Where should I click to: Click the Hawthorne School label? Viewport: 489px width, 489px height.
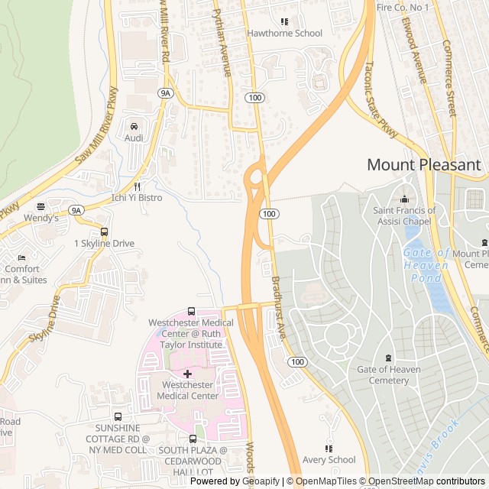[x=284, y=33]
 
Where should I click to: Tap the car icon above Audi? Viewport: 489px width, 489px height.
[x=134, y=126]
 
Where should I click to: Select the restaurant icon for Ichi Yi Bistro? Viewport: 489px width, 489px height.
[x=137, y=186]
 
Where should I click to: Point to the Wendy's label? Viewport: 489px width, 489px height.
[x=40, y=218]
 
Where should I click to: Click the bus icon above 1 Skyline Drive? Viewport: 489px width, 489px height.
[x=104, y=232]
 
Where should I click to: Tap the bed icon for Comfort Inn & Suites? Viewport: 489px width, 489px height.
[x=21, y=257]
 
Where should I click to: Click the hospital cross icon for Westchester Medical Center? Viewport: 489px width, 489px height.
[x=187, y=374]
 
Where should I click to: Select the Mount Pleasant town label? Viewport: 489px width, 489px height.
[x=423, y=164]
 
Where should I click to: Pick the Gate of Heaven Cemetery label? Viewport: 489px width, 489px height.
[x=388, y=374]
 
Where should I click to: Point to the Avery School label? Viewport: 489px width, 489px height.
[x=329, y=459]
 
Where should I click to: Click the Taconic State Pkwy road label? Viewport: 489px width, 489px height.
[x=381, y=100]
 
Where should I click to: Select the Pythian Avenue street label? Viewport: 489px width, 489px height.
[x=222, y=43]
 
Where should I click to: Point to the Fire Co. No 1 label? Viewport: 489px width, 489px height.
[x=403, y=7]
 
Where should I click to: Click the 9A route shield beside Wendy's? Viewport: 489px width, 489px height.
[x=75, y=209]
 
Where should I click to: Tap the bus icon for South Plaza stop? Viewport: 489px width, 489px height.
[x=193, y=439]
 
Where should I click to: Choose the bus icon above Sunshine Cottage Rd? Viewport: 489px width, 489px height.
[x=118, y=416]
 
